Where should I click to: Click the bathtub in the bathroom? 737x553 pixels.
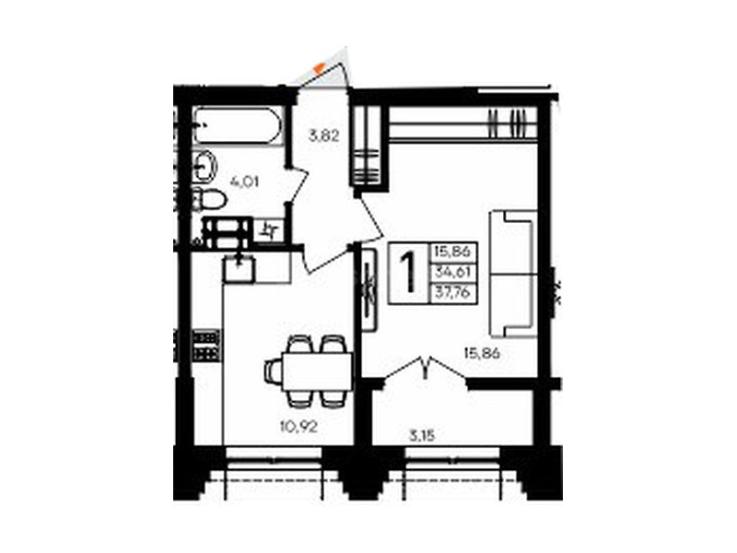pos(238,125)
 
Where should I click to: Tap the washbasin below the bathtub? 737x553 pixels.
pos(205,166)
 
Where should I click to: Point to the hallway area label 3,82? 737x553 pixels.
pos(324,136)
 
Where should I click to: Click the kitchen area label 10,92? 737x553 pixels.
pos(298,427)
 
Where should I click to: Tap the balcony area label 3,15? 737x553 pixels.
pos(421,436)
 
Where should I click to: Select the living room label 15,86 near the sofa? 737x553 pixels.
pos(481,353)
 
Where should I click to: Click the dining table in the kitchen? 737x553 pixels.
pos(316,371)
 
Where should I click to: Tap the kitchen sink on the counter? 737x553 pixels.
pos(240,268)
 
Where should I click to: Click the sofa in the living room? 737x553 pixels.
pos(513,274)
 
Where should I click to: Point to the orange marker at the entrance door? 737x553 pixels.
pos(320,67)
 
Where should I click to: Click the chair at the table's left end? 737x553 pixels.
pos(273,371)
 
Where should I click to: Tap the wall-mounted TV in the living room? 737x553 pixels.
pos(370,290)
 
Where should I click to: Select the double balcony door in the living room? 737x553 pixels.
pos(426,368)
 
